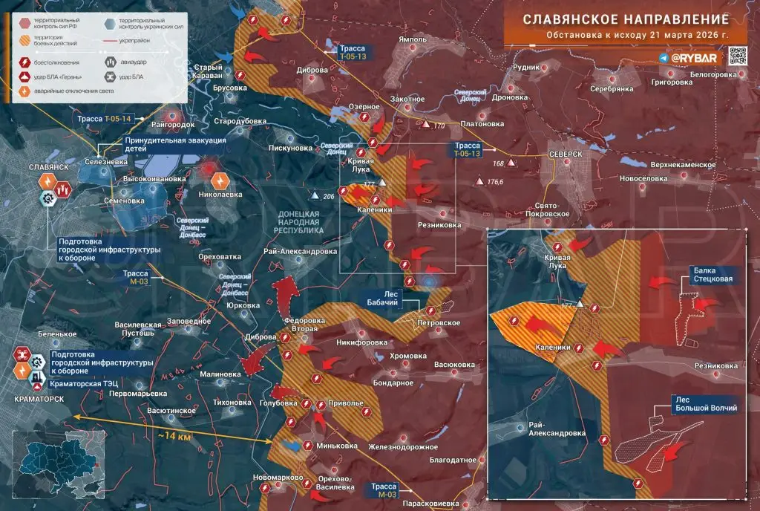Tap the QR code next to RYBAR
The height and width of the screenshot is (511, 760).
pos(737,57)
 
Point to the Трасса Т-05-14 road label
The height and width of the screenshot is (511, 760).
pos(103,119)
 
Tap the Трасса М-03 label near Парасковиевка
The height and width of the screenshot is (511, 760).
pos(387,489)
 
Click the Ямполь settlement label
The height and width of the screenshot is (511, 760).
pos(412,39)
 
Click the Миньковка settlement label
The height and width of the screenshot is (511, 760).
pos(335,446)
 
